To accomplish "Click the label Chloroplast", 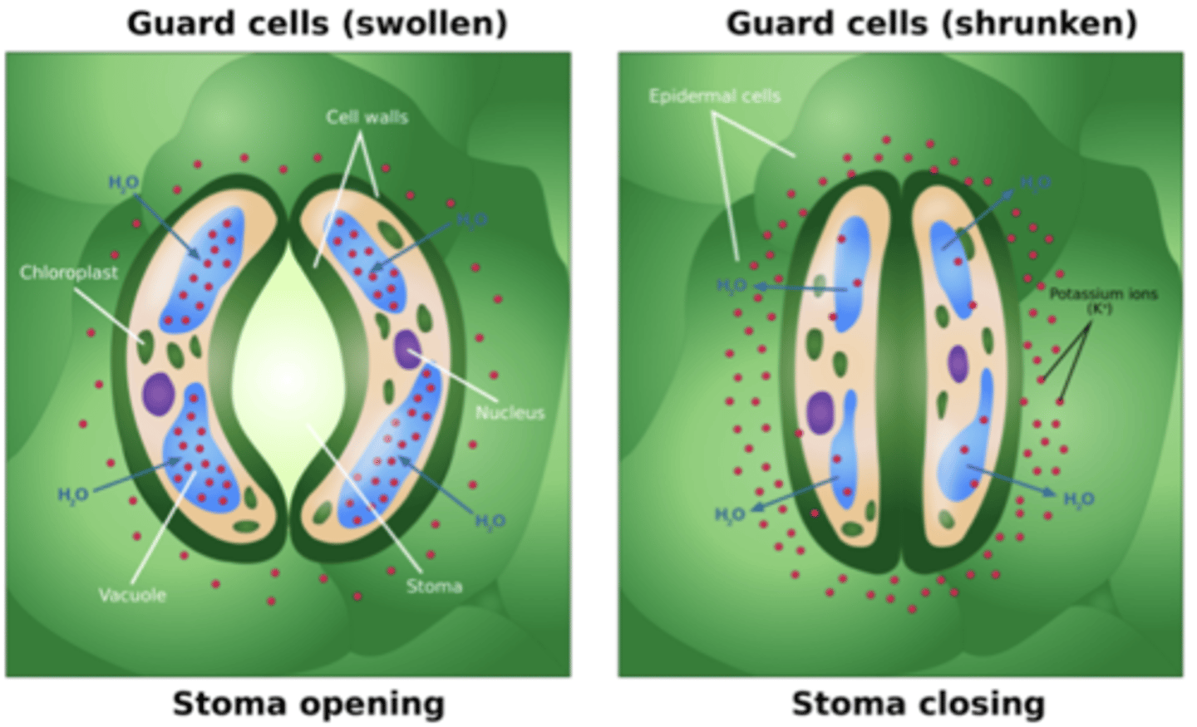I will coord(69,273).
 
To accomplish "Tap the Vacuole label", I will coord(132,595).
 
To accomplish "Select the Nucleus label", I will coord(510,412).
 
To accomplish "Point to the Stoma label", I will coord(434,586).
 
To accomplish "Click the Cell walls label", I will coord(367,117).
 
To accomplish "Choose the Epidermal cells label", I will coord(714,96).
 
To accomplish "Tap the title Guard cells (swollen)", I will coord(317,23).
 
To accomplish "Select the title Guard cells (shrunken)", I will coord(931,23).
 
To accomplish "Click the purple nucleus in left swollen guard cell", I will coord(158,393).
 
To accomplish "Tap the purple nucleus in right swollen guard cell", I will coord(407,349).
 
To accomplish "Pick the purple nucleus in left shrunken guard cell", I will coord(820,412).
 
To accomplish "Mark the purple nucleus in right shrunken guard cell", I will coord(958,364).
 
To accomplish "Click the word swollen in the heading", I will coord(426,23).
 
